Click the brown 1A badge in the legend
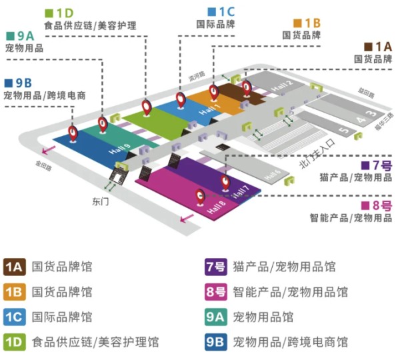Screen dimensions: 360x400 tap(15, 267)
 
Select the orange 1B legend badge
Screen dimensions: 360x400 tap(15, 292)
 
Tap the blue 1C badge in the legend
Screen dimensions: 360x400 tap(15, 317)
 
